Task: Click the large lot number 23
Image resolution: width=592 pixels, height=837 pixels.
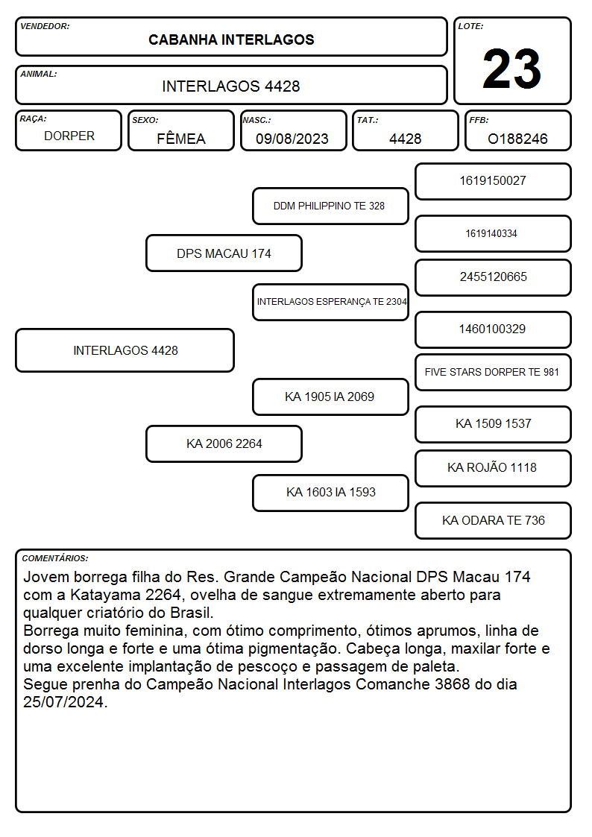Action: pyautogui.click(x=511, y=69)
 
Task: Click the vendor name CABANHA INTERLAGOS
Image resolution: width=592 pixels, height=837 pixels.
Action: pyautogui.click(x=231, y=40)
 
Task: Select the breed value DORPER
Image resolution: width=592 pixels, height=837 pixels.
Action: pyautogui.click(x=69, y=136)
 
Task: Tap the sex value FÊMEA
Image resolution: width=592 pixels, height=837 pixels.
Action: pyautogui.click(x=181, y=138)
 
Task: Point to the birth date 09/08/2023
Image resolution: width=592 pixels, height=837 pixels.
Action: pyautogui.click(x=292, y=139)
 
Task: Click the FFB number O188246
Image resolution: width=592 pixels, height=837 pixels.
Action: pyautogui.click(x=517, y=139)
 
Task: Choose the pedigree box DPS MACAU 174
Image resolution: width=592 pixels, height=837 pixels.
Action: pyautogui.click(x=224, y=253)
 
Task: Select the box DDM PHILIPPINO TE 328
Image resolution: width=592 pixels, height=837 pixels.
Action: pyautogui.click(x=330, y=206)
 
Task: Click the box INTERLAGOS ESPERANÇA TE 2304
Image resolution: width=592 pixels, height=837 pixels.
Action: pyautogui.click(x=330, y=302)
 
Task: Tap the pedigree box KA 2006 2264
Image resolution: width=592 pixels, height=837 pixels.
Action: pyautogui.click(x=224, y=443)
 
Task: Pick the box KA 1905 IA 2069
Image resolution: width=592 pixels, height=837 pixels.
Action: pyautogui.click(x=330, y=397)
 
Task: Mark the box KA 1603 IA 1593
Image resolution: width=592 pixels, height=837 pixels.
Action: pyautogui.click(x=330, y=493)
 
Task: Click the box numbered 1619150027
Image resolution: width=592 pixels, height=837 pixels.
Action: pyautogui.click(x=494, y=182)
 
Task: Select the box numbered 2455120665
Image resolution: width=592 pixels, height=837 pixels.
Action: pyautogui.click(x=494, y=277)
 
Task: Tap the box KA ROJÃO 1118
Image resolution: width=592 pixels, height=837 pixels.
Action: pyautogui.click(x=494, y=468)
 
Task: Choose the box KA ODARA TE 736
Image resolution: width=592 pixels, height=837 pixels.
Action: pyautogui.click(x=494, y=520)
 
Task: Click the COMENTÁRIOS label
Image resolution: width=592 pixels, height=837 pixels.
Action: pyautogui.click(x=55, y=558)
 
